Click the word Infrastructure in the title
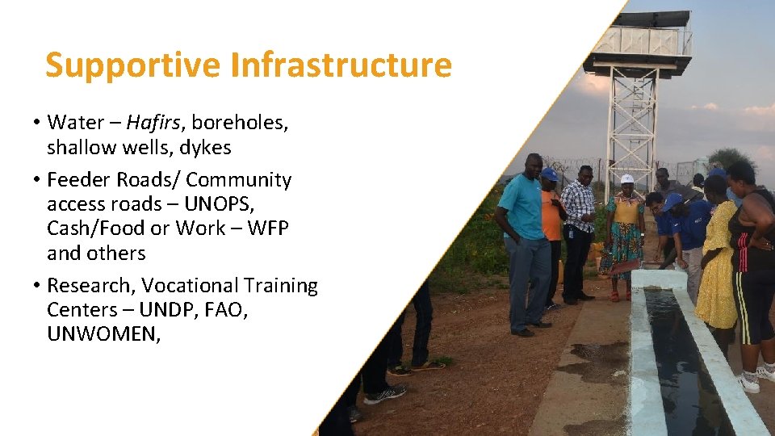pos(341,65)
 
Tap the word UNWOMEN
pos(103,334)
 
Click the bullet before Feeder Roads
pos(37,180)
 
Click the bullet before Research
pos(37,286)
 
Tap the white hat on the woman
pos(626,178)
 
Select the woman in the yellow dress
pos(716,258)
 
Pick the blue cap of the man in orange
pos(550,174)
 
